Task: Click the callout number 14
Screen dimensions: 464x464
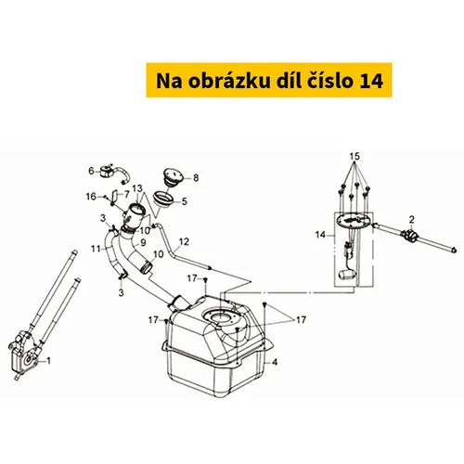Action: [320, 235]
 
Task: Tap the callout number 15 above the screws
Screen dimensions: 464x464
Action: [354, 156]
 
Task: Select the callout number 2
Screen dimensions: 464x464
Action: [412, 220]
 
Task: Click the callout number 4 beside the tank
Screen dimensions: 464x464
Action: [275, 362]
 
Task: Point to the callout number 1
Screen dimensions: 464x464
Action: [48, 361]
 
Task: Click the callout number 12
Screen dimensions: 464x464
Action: [184, 241]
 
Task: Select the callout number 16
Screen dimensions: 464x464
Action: [91, 197]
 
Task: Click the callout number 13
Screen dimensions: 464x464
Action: [137, 188]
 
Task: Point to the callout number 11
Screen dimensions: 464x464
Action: [96, 249]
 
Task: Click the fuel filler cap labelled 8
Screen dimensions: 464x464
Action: [174, 177]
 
